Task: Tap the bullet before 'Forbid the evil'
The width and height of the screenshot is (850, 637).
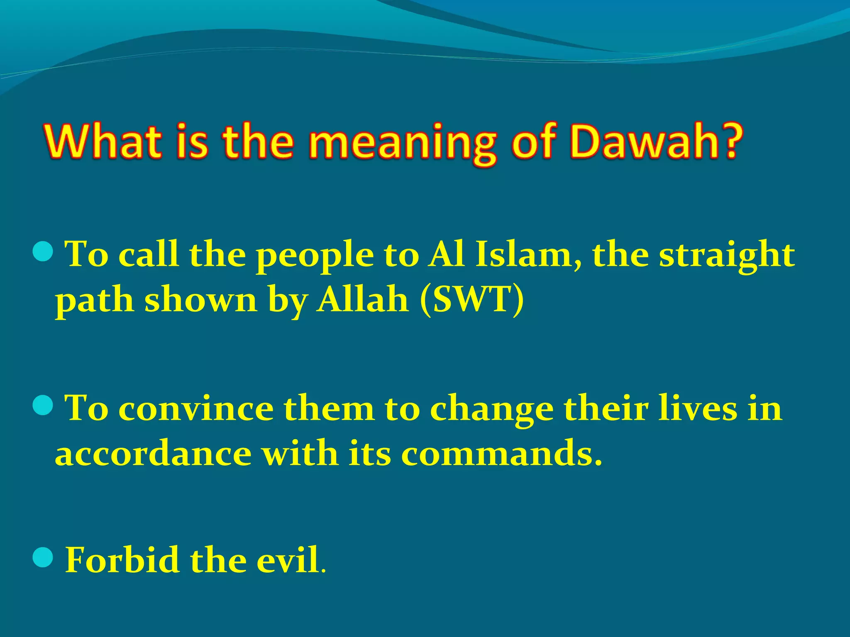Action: click(42, 557)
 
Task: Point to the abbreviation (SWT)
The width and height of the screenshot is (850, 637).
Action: click(472, 299)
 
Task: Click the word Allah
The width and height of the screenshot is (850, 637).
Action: click(362, 299)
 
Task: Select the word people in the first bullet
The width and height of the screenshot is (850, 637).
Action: click(315, 257)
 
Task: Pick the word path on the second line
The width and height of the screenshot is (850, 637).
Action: click(95, 301)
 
